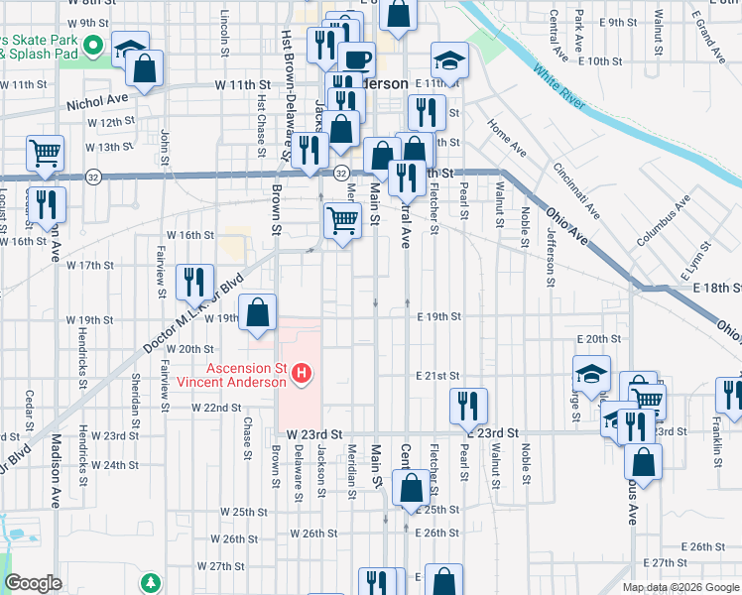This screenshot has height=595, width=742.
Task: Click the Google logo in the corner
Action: coord(33,583)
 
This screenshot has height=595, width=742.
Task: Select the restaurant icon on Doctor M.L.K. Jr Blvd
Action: coord(193,282)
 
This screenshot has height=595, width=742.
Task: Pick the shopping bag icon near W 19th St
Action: coord(258,313)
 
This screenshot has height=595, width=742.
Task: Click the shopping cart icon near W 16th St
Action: coord(342,221)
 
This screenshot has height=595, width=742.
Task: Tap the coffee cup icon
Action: coord(357,59)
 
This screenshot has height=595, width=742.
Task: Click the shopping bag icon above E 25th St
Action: coord(411,489)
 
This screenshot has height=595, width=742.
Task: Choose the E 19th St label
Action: coord(439,317)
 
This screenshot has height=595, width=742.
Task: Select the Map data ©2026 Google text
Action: coord(680,587)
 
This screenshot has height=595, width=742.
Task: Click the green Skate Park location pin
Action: coord(94,45)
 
